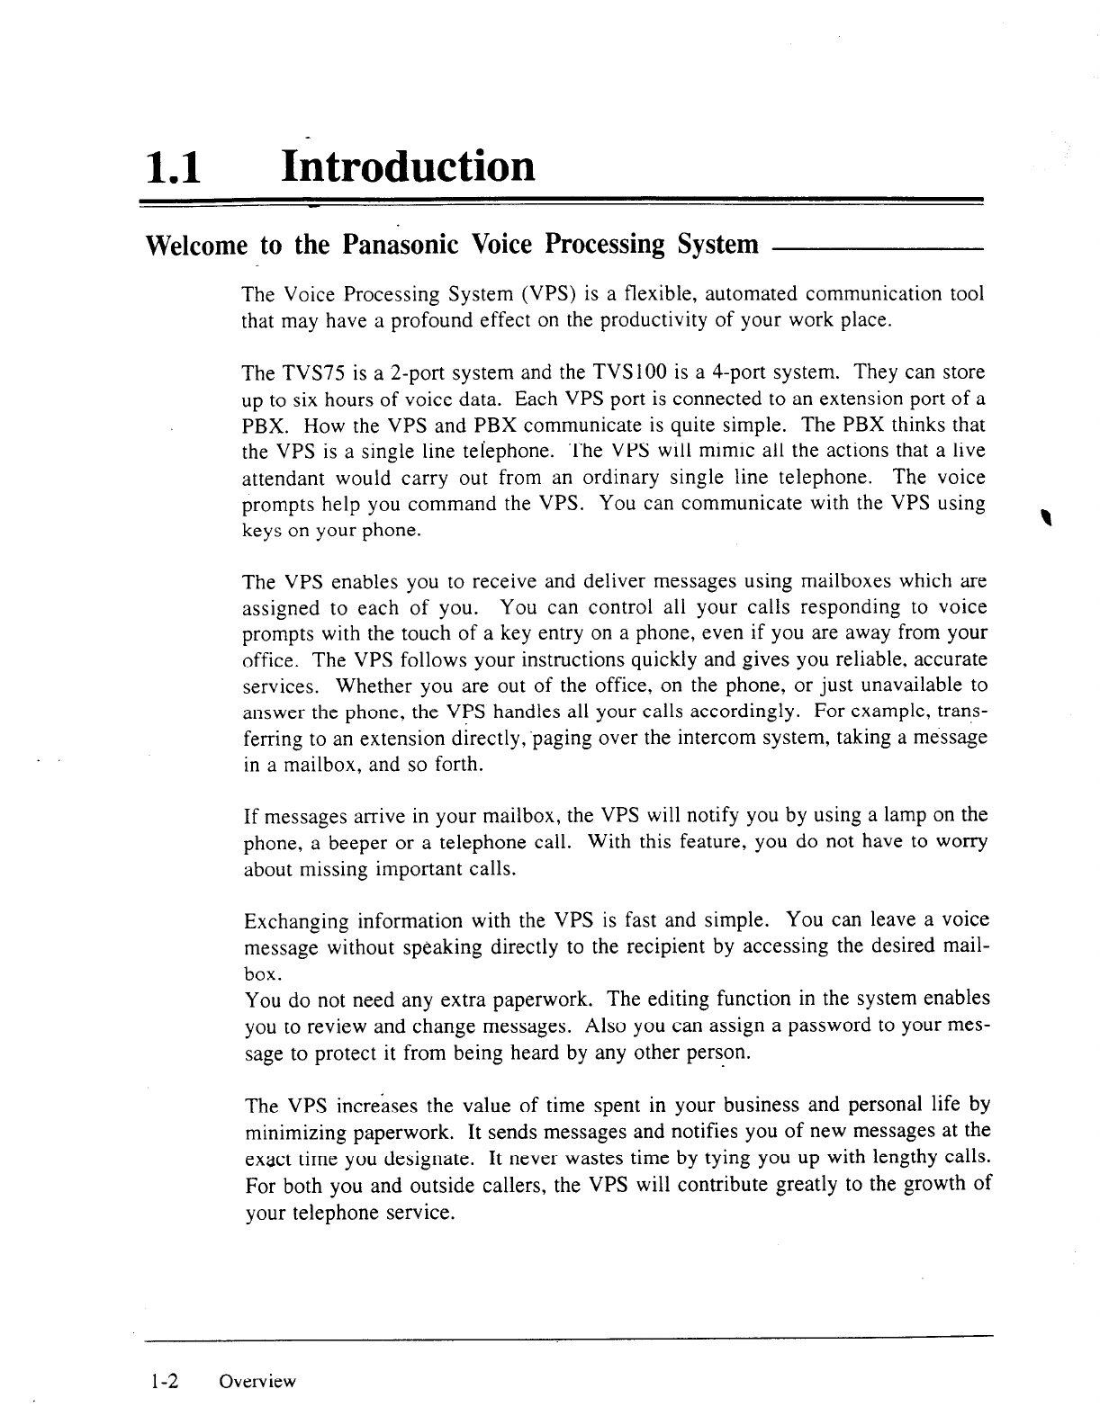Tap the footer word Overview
pos(257,1382)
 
